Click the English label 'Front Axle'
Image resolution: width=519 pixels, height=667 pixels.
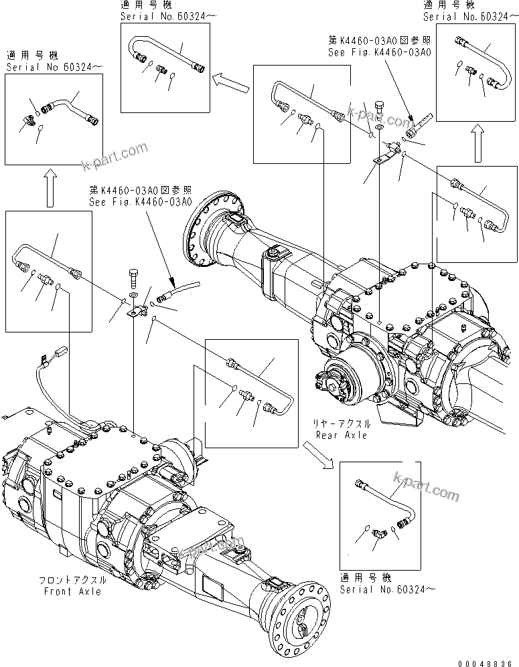click(73, 591)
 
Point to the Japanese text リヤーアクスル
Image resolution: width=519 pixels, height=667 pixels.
click(342, 424)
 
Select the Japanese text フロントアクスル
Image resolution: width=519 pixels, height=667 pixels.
click(73, 581)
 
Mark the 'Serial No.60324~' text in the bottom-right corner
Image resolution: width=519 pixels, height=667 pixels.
click(380, 589)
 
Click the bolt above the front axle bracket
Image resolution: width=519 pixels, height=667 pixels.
click(134, 276)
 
